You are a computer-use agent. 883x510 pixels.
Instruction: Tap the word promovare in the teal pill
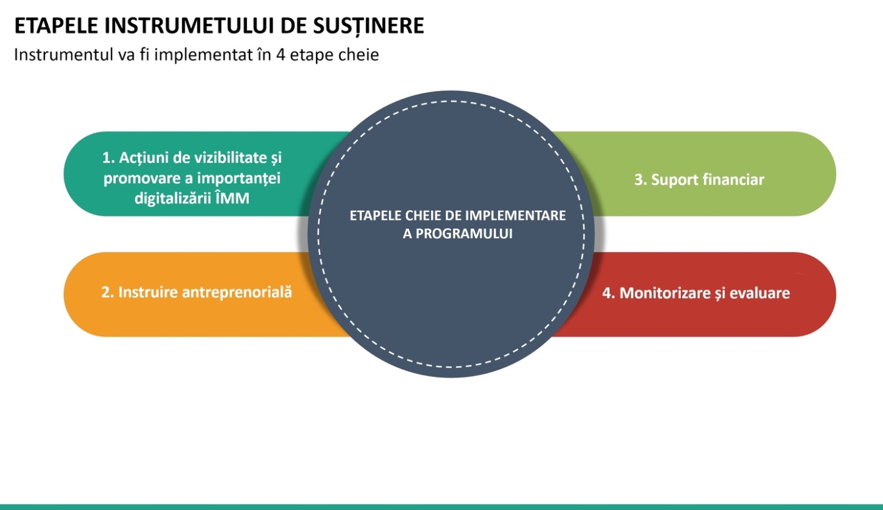136,178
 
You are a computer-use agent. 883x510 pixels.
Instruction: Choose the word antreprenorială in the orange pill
236,292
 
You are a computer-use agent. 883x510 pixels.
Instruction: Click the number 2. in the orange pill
107,292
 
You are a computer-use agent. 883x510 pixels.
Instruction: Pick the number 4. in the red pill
608,292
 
